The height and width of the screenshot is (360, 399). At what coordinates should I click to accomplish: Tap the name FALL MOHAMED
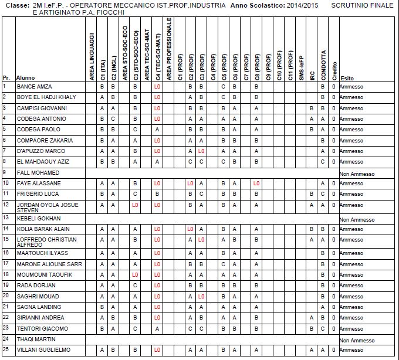pyautogui.click(x=38, y=173)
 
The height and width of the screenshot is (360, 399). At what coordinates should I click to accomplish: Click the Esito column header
pyautogui.click(x=347, y=77)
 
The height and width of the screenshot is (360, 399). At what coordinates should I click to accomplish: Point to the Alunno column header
pyautogui.click(x=25, y=77)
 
